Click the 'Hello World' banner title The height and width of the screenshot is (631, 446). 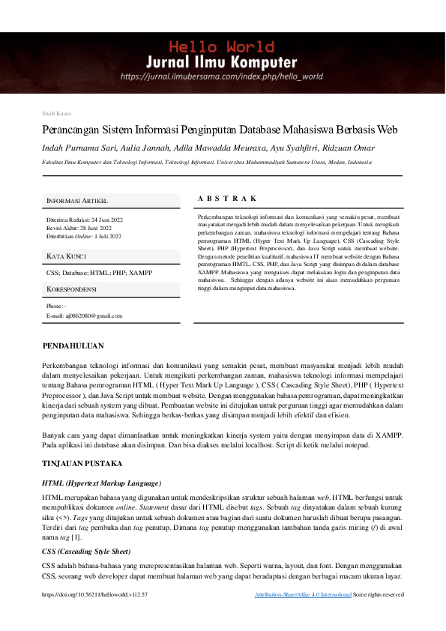[223, 46]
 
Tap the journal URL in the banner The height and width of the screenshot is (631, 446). [222, 76]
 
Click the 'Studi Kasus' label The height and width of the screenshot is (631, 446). [57, 113]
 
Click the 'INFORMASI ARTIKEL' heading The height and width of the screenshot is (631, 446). [77, 202]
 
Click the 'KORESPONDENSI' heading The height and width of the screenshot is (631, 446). [71, 289]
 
